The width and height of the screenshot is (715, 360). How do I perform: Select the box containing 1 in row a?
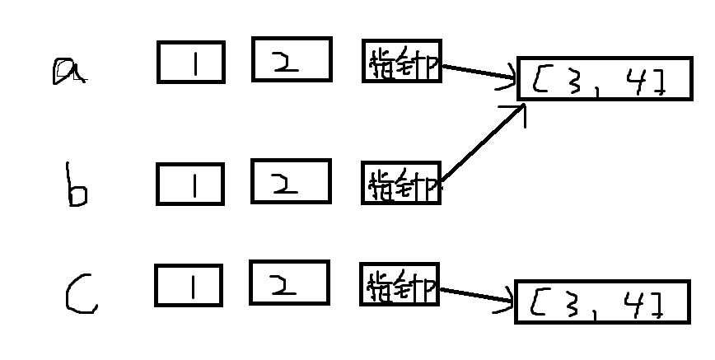pos(190,63)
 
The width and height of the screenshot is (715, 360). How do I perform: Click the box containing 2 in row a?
pos(292,59)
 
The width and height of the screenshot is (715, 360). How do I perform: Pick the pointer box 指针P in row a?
pos(401,63)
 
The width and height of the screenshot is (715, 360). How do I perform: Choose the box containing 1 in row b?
pos(189,184)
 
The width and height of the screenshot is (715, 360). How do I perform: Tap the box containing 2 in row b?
pos(291,180)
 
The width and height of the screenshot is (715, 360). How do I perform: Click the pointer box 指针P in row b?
pos(401,183)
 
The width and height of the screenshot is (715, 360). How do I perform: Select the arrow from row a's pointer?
pos(478,72)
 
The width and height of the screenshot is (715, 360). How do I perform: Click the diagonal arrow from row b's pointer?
pos(482,145)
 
